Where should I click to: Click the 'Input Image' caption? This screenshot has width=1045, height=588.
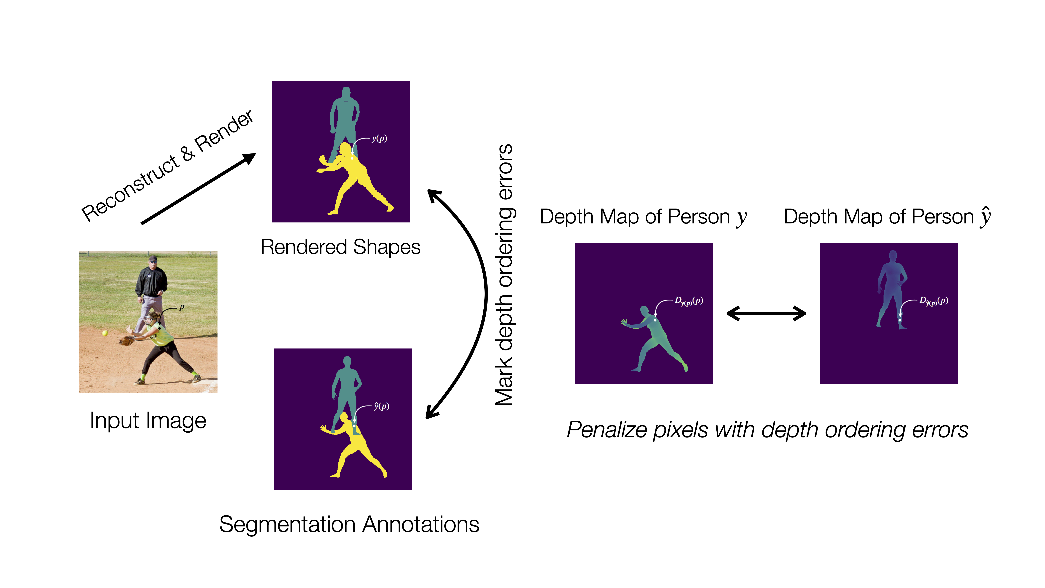[x=148, y=420]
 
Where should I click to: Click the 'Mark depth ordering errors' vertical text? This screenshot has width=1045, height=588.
[x=504, y=275]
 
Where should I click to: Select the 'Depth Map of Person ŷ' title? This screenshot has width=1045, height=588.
[x=887, y=217]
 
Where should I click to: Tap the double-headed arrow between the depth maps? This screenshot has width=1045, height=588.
[x=766, y=313]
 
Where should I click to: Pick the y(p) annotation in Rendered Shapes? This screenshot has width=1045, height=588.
[x=379, y=139]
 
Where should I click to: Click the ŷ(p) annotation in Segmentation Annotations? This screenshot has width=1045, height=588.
[x=381, y=406]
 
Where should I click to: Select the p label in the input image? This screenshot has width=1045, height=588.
[x=182, y=307]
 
